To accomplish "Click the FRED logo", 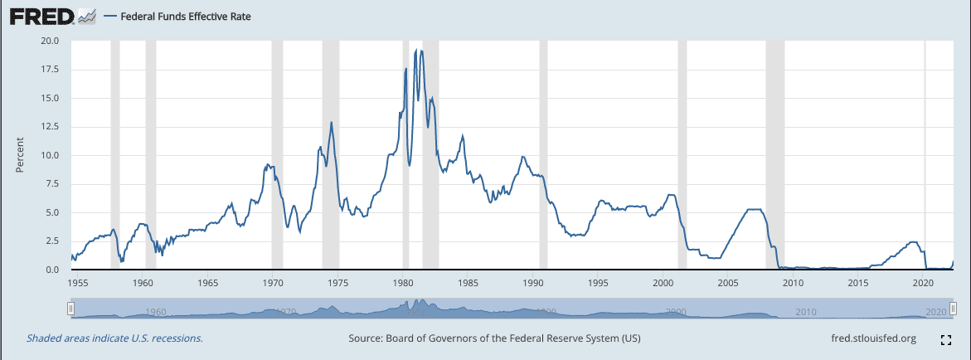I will [41, 16].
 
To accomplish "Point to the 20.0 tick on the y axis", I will [51, 40].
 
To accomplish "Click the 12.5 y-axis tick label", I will [51, 126].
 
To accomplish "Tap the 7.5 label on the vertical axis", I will [53, 183].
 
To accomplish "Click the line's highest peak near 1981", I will [415, 51].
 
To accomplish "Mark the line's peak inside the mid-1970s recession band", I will [332, 122].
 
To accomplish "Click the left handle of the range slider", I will [71, 309].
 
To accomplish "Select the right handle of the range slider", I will [953, 309].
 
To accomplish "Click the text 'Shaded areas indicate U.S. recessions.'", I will [114, 338].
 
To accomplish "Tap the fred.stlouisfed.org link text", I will [873, 338].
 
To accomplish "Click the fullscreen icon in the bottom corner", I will [945, 339].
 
